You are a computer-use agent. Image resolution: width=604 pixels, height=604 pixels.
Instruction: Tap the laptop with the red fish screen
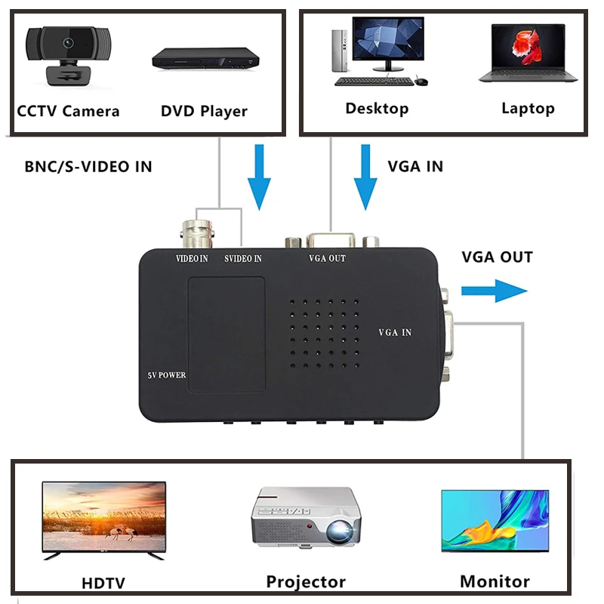tap(528, 53)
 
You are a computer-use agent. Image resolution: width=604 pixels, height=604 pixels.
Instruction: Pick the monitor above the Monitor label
tap(495, 520)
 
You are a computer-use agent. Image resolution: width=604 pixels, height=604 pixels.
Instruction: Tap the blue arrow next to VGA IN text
tap(366, 177)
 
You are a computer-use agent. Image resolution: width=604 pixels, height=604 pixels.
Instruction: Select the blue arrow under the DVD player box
tap(259, 177)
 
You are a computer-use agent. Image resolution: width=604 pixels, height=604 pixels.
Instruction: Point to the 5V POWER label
tap(166, 375)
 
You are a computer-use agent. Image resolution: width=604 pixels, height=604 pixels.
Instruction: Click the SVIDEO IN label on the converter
tap(243, 259)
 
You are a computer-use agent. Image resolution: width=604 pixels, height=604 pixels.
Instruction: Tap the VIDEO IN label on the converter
tap(192, 259)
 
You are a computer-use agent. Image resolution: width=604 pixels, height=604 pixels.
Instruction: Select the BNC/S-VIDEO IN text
tap(88, 167)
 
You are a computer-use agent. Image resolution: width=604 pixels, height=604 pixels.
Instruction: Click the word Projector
tap(306, 582)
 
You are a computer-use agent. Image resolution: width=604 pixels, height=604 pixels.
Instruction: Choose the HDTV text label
tap(103, 583)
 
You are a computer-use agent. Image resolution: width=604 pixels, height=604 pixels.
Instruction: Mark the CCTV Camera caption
tap(68, 112)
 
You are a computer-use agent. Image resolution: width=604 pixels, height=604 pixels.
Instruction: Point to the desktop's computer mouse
tap(421, 81)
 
